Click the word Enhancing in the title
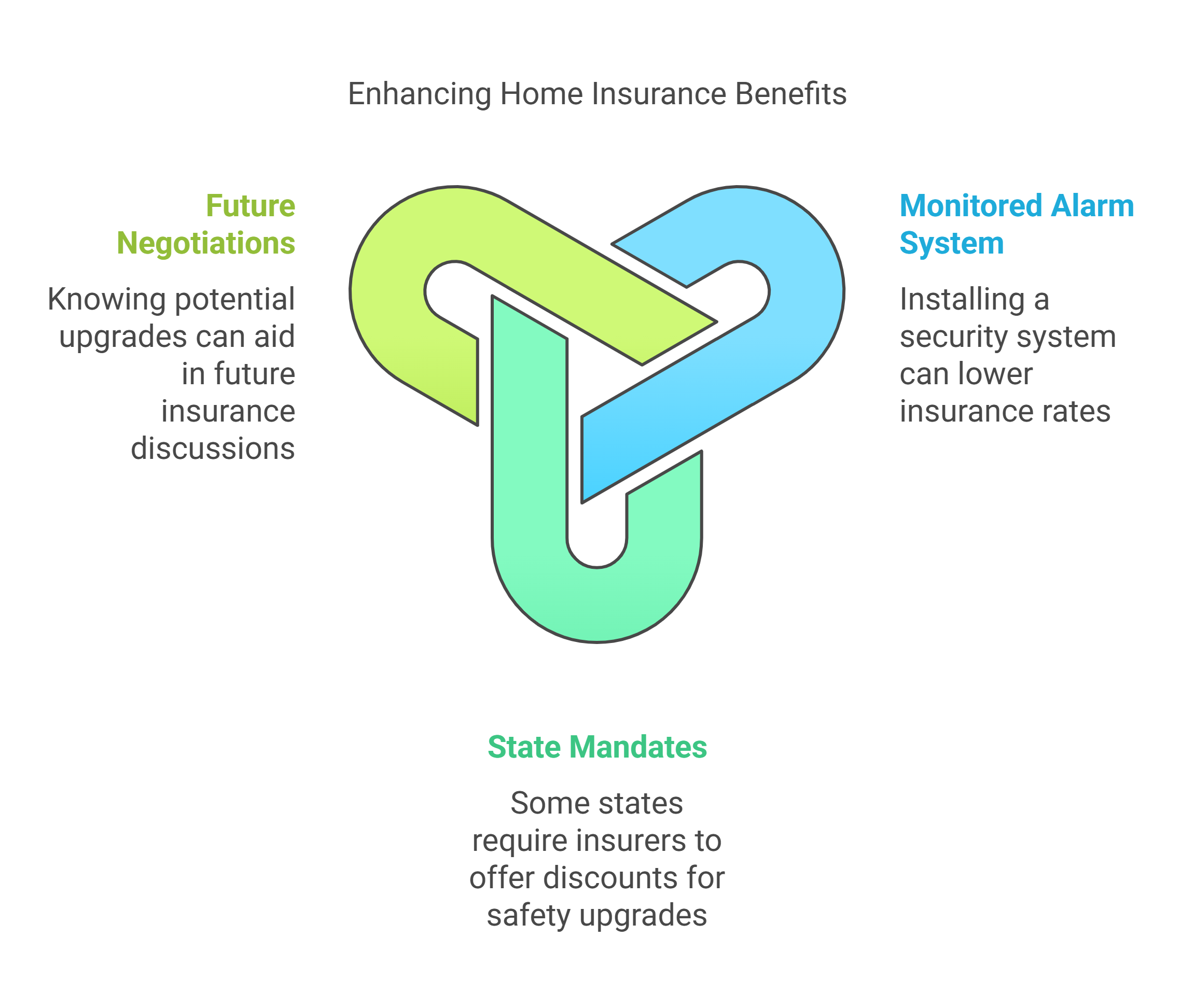419,94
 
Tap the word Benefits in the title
790,94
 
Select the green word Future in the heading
251,206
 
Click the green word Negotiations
206,243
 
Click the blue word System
952,243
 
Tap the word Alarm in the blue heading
1092,206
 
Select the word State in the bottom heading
523,747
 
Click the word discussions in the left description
213,449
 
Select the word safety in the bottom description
528,915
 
